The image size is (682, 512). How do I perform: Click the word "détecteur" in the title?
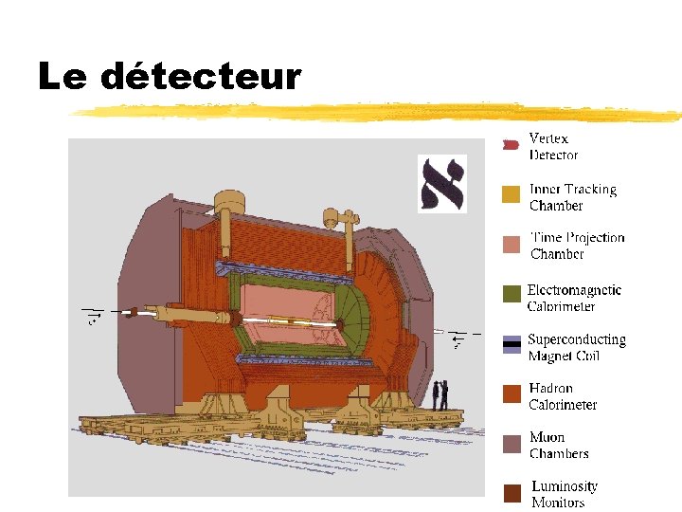tap(200, 77)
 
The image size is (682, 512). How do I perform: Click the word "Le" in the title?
tap(63, 77)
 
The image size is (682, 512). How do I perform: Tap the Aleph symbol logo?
tap(442, 183)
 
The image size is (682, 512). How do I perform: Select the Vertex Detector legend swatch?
tap(511, 145)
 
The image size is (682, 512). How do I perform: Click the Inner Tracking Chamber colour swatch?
tap(511, 194)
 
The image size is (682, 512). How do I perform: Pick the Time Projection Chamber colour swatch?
tap(511, 244)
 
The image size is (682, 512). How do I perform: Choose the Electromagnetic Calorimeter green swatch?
tap(511, 294)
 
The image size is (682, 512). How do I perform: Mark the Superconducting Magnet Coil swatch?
tap(511, 344)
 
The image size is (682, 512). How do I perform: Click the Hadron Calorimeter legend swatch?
tap(511, 393)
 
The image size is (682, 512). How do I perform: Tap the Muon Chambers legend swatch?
tap(511, 443)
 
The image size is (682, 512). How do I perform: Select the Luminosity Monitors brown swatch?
tap(511, 493)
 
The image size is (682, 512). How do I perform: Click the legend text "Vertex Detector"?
tap(553, 147)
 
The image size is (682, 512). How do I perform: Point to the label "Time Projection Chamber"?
tap(577, 246)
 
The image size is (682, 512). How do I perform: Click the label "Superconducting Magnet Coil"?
tap(576, 347)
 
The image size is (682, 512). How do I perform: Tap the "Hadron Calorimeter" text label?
tap(563, 396)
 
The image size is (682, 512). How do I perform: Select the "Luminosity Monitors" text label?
tap(564, 494)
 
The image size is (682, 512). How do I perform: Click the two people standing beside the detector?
tap(440, 394)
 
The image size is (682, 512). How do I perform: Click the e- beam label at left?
tap(93, 316)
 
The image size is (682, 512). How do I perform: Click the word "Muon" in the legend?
tap(547, 437)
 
